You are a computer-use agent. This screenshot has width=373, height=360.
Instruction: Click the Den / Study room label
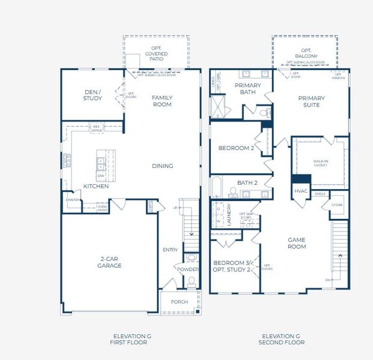point(92,95)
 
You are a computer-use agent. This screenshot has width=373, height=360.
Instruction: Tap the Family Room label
point(162,101)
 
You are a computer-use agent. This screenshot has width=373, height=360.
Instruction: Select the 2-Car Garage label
point(110,262)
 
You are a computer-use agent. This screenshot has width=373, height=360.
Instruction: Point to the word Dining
point(162,166)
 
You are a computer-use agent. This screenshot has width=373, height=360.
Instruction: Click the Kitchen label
point(96,187)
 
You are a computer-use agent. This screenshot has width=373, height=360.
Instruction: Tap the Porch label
point(179,302)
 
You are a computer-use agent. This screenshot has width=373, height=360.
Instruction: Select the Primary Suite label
point(311,101)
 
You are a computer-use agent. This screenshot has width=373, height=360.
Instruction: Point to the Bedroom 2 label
point(236,148)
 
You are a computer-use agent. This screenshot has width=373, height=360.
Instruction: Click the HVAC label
point(301,191)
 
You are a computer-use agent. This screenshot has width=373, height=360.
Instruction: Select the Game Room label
point(297,242)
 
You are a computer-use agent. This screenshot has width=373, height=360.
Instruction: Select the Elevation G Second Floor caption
point(281,339)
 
